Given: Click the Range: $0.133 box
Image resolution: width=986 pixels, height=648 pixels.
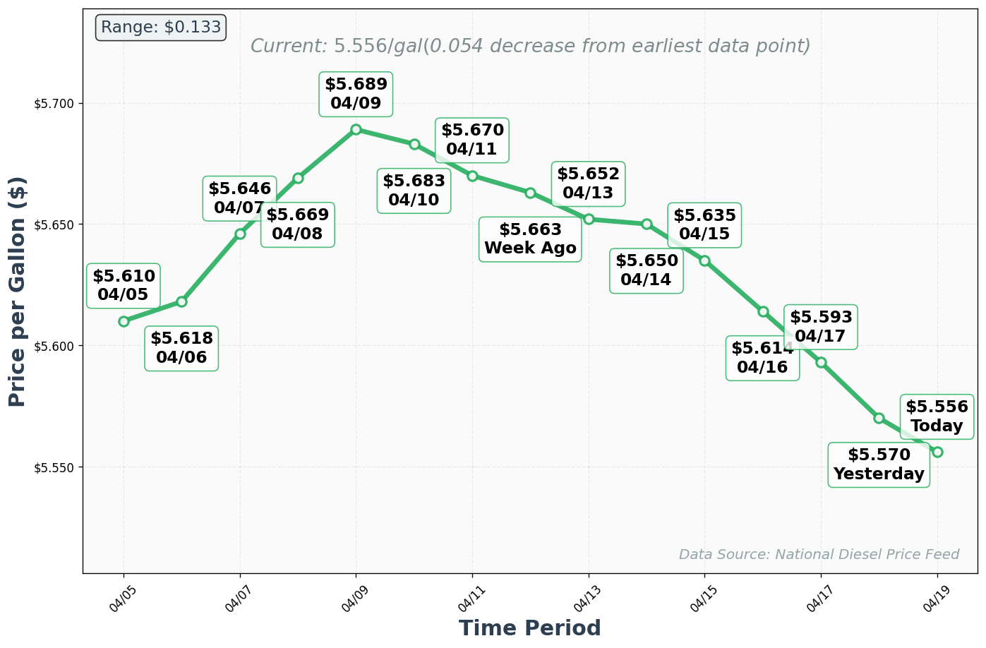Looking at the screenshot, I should [160, 28].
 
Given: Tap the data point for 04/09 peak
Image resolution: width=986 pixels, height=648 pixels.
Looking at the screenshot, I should [356, 129].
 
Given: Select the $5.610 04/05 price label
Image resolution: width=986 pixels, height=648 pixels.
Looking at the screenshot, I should [124, 285].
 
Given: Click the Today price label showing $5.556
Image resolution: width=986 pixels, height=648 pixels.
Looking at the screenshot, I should [937, 416].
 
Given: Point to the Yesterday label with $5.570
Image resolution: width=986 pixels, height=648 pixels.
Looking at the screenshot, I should [879, 464].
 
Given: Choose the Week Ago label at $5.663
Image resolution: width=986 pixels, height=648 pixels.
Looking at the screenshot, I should [530, 239].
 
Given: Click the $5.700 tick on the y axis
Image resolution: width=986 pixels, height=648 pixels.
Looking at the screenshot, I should [54, 104].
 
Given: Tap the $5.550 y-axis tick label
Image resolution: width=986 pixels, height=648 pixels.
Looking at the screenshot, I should [54, 467].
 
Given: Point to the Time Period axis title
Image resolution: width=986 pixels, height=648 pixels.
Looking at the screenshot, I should [529, 628].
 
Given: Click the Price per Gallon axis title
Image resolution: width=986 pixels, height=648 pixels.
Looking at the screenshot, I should [18, 291].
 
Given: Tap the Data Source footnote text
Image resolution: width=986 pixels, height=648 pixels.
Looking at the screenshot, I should [819, 555].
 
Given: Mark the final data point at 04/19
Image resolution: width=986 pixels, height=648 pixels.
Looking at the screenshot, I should [937, 452].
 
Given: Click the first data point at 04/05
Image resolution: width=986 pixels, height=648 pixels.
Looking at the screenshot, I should [124, 321].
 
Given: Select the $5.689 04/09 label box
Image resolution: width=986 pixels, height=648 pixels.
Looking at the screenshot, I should [356, 94].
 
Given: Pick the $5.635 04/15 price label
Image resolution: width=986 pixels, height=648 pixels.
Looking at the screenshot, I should [704, 224].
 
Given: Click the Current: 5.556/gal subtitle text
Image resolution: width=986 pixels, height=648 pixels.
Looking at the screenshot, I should [530, 47].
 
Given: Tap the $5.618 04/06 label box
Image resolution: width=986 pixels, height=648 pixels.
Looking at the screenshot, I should [181, 348].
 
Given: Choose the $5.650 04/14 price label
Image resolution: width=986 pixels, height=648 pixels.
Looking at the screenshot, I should [647, 270].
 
